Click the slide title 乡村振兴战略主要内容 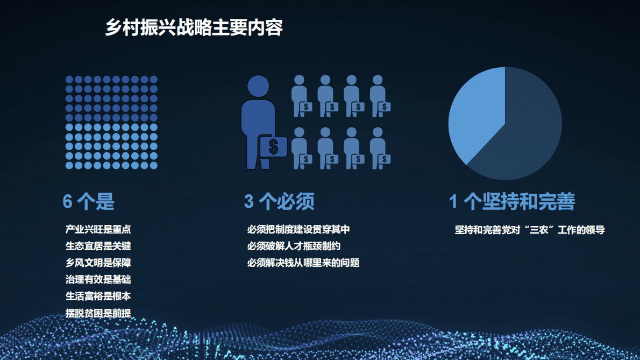[x=194, y=28]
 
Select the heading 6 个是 [x=89, y=201]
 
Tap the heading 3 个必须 [x=279, y=201]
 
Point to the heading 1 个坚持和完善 [x=512, y=201]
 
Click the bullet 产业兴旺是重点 [x=98, y=229]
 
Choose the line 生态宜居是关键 [x=98, y=246]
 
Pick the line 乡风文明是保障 [x=98, y=263]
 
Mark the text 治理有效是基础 [x=98, y=280]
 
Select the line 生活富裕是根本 [x=98, y=297]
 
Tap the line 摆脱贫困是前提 [x=98, y=313]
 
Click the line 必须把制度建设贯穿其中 [x=298, y=229]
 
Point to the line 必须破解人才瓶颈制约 [x=294, y=246]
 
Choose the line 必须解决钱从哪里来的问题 [x=303, y=263]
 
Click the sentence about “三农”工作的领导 [x=530, y=230]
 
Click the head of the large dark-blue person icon [x=258, y=86]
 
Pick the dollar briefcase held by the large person [x=273, y=146]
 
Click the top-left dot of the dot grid [x=69, y=80]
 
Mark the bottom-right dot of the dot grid [x=153, y=165]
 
